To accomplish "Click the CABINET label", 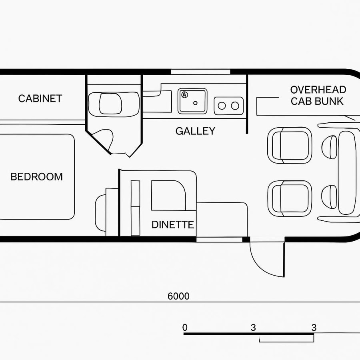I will tap(40, 98).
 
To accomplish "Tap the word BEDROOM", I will tap(36, 177).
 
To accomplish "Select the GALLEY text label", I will tap(195, 131).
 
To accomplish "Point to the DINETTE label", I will tap(172, 225).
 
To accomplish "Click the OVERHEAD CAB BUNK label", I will tap(318, 95).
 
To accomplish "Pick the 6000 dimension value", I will tap(178, 296).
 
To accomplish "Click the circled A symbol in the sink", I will tap(184, 95).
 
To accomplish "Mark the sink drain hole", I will tap(196, 103).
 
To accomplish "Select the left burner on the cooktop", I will tap(222, 106).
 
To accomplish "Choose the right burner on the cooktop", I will tap(235, 106).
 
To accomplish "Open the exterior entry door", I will tap(266, 260).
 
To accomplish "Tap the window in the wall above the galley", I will tap(200, 72).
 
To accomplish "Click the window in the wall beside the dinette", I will tap(219, 239).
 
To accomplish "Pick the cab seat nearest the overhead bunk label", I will tap(290, 145).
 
